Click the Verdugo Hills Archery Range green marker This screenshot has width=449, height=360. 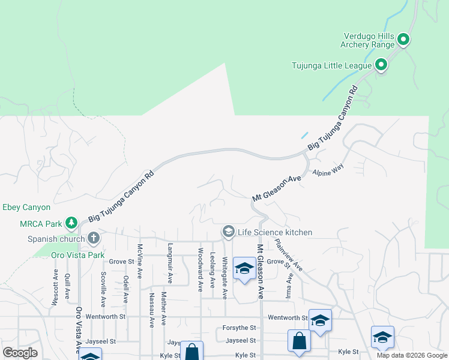(x=404, y=40)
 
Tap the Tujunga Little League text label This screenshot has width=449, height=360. (x=331, y=65)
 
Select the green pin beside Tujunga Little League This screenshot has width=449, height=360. (x=381, y=65)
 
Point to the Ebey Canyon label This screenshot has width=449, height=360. (x=26, y=208)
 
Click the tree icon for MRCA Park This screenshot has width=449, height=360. (x=71, y=224)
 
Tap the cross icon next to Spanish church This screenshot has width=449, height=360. (x=93, y=238)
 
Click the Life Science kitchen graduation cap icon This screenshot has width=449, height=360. (x=228, y=232)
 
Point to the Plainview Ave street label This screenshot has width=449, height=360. (x=288, y=254)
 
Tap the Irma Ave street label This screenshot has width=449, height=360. (x=291, y=286)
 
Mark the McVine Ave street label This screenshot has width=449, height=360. (x=139, y=261)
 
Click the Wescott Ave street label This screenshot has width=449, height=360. (x=55, y=287)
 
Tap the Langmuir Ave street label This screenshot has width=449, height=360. (x=170, y=263)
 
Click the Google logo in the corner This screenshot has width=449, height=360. (x=20, y=353)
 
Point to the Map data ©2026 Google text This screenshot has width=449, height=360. (x=412, y=355)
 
